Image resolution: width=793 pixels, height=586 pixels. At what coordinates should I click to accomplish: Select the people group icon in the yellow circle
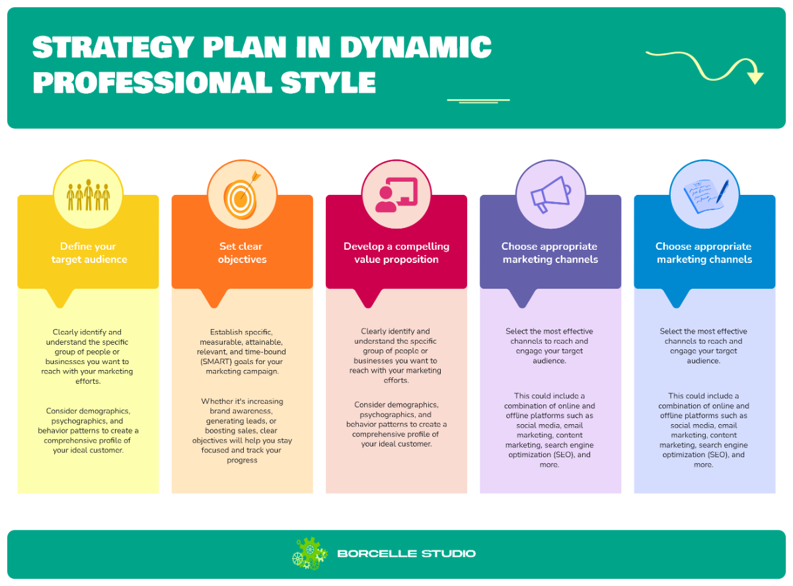(88, 195)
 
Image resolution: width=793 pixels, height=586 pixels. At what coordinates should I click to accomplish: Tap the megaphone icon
(550, 194)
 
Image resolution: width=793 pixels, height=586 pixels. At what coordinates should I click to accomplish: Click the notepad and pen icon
(704, 196)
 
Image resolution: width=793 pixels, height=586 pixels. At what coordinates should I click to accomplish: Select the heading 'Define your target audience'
(89, 253)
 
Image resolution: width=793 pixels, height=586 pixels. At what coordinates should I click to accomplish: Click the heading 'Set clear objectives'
(242, 253)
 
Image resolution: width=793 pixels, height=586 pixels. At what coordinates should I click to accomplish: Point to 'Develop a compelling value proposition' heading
(397, 253)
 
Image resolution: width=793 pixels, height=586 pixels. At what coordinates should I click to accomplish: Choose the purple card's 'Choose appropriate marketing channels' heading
(550, 253)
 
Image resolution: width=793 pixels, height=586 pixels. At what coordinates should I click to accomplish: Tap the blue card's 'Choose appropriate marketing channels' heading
(704, 253)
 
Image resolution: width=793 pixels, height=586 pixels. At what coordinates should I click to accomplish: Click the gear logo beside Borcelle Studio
(309, 554)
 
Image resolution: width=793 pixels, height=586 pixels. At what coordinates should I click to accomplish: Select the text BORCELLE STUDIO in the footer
(406, 554)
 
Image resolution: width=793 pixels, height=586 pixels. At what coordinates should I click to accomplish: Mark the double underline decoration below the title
(478, 101)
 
